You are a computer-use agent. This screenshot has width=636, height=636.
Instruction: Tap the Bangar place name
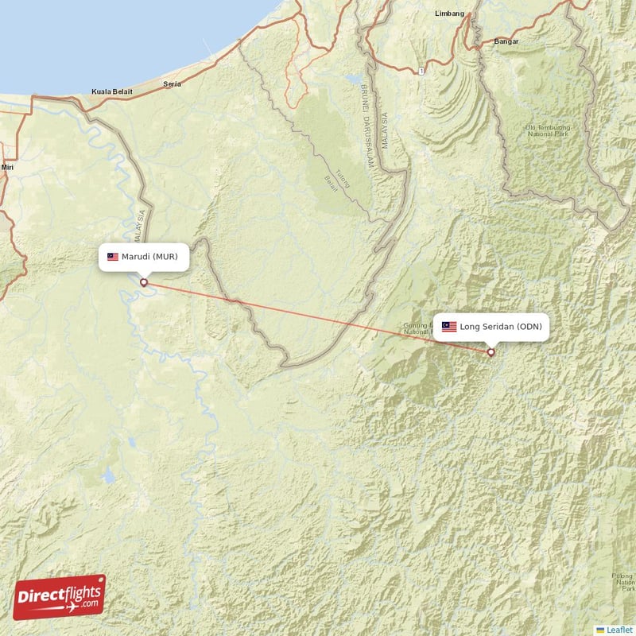[x=506, y=41]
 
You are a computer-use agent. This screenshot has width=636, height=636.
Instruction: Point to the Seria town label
[x=171, y=83]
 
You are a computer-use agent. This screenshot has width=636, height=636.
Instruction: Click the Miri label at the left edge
[x=8, y=168]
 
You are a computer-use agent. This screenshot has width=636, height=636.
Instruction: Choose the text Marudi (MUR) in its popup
[x=155, y=257]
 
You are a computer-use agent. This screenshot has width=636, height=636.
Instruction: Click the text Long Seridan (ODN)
[x=501, y=327]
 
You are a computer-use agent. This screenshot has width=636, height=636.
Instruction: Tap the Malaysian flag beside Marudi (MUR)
[x=113, y=257]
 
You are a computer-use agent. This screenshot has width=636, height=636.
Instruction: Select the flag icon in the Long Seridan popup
[x=449, y=327]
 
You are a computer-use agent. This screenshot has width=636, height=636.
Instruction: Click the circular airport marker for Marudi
[x=144, y=282]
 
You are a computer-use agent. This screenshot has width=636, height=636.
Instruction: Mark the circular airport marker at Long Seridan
[x=491, y=352]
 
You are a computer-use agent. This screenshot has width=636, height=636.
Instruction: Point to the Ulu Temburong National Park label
[x=549, y=131]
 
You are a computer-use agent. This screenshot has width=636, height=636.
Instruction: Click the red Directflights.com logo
[x=60, y=596]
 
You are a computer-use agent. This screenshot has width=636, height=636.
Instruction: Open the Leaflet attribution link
[x=619, y=630]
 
